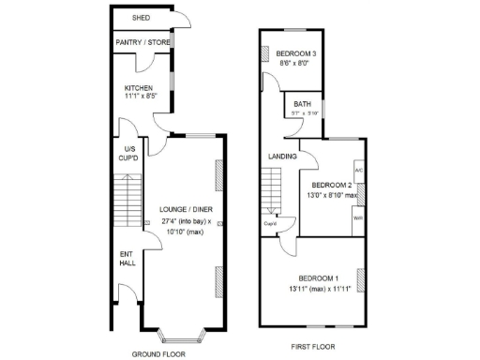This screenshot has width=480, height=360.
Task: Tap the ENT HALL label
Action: pyautogui.click(x=127, y=258)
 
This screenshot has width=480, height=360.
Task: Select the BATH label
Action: pyautogui.click(x=302, y=104)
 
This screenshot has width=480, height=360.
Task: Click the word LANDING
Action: pyautogui.click(x=282, y=156)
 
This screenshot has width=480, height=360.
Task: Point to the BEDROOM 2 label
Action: pyautogui.click(x=331, y=185)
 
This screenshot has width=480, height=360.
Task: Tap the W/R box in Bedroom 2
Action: pyautogui.click(x=358, y=217)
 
